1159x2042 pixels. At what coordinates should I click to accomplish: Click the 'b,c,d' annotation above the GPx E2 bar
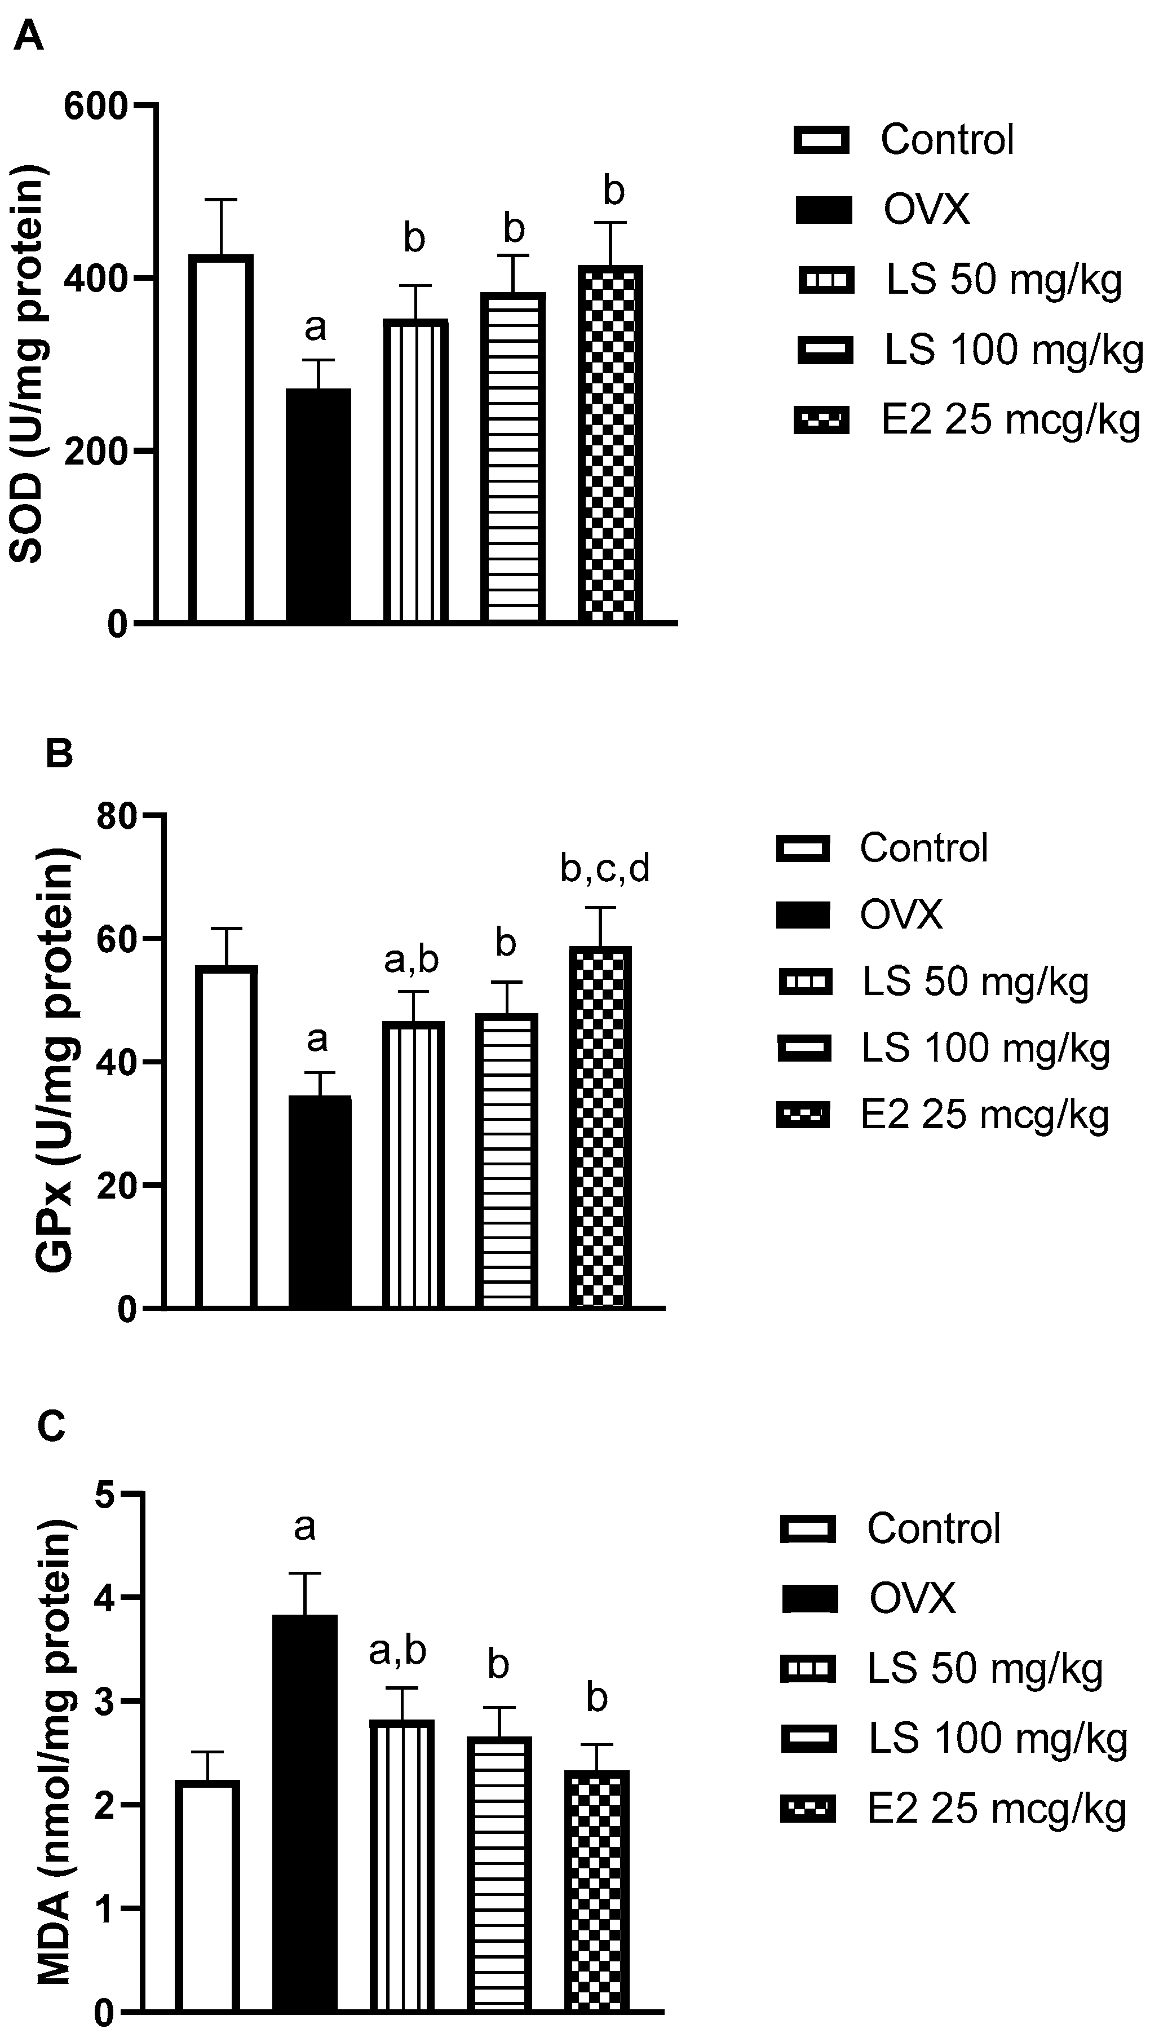tap(605, 869)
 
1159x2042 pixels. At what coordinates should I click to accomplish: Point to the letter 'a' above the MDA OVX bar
tap(305, 1527)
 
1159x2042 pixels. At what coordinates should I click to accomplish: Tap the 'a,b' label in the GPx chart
tap(411, 960)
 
